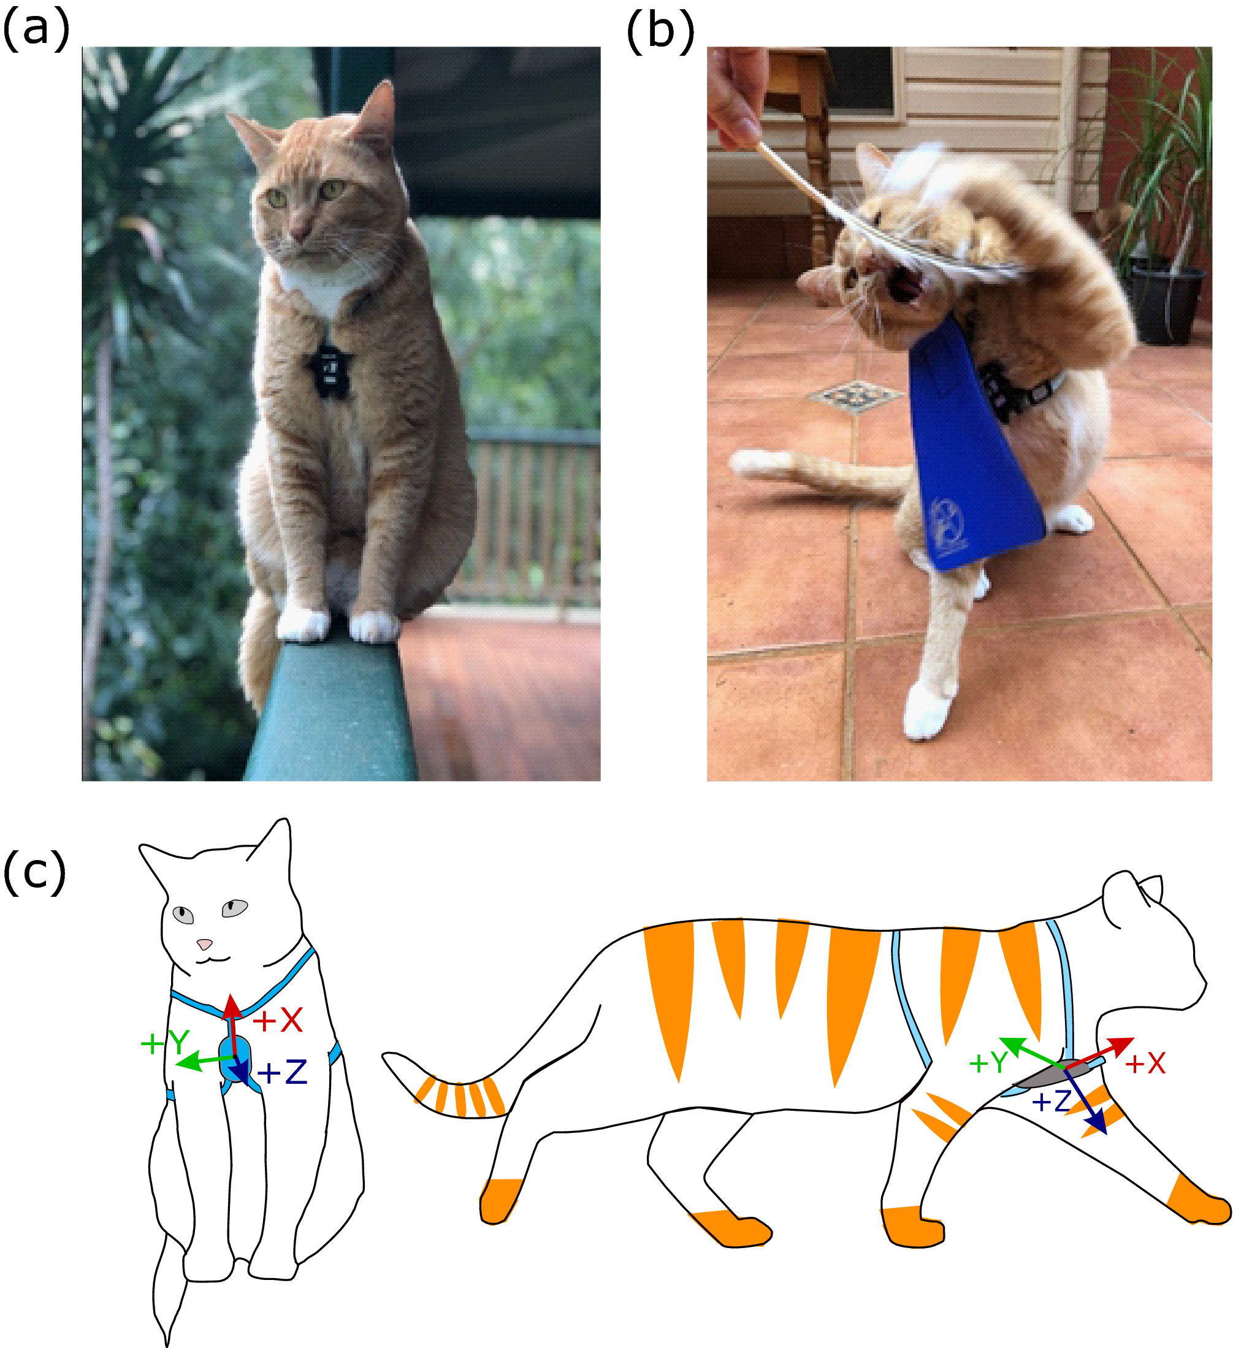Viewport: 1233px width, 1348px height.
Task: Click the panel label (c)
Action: [35, 872]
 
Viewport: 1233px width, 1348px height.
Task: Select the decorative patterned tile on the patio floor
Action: [857, 397]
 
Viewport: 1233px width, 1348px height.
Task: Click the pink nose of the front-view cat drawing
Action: [205, 944]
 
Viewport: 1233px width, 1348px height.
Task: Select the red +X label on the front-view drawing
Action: [278, 1021]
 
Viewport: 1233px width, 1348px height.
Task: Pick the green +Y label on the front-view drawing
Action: [164, 1043]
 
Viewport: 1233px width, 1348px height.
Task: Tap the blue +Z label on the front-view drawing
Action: [281, 1073]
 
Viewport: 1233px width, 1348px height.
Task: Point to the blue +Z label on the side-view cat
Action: [1052, 1100]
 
